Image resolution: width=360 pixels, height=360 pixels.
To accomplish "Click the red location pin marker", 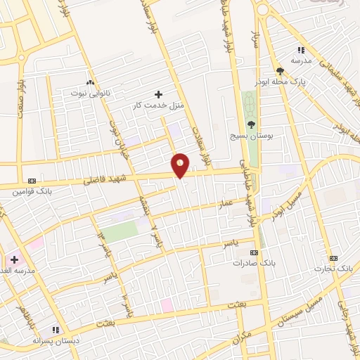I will [180, 165].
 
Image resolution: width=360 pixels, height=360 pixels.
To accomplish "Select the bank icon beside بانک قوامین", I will [31, 179].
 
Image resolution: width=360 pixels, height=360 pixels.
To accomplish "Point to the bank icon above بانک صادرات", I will [254, 252].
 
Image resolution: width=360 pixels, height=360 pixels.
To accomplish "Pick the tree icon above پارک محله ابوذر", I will [281, 71].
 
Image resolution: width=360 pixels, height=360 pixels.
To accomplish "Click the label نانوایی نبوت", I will [89, 93].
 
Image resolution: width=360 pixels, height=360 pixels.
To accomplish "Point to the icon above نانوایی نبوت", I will [90, 82].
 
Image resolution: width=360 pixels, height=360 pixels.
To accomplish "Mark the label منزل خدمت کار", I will [158, 105].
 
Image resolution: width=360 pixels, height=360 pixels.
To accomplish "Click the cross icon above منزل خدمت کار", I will [158, 94].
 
